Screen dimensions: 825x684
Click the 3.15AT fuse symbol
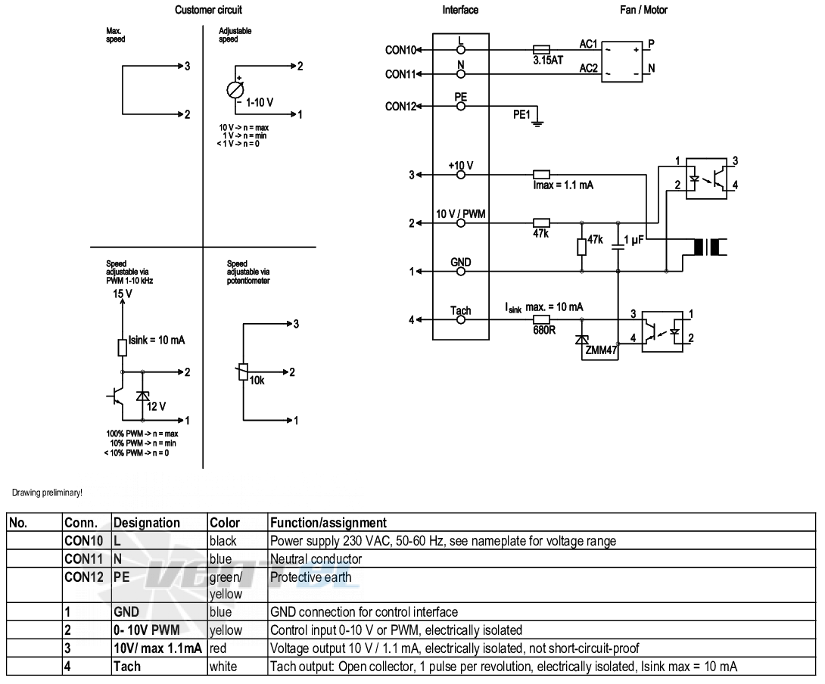click(541, 50)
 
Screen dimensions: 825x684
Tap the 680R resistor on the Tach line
click(541, 319)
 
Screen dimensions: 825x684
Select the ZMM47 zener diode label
click(602, 350)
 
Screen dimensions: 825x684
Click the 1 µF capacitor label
click(634, 240)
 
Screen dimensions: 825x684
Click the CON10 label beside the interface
click(400, 50)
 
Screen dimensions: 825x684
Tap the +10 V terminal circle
click(461, 175)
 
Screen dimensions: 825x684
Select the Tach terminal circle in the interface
click(461, 319)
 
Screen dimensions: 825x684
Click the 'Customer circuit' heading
click(208, 10)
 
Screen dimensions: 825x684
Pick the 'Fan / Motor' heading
click(643, 10)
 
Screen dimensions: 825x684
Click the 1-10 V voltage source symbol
click(235, 90)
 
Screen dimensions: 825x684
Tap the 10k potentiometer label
click(257, 381)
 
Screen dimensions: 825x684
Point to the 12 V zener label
click(156, 406)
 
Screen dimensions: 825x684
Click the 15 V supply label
click(123, 294)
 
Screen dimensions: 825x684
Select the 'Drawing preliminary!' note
click(47, 493)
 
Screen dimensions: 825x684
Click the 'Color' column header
click(225, 523)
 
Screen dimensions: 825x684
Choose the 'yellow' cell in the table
click(226, 630)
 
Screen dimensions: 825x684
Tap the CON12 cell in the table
click(84, 577)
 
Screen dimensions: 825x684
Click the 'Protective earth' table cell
click(310, 577)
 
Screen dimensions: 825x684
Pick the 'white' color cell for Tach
click(223, 667)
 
